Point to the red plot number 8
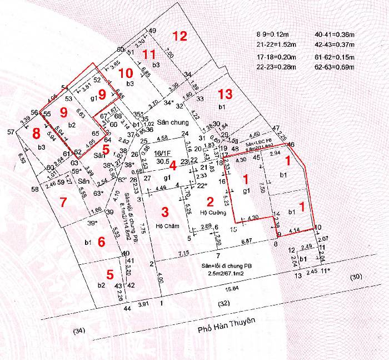coord(36,134)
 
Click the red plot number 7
coord(63,202)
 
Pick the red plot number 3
coord(164,211)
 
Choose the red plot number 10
coord(126,73)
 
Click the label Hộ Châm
coord(166,226)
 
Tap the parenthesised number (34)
coord(81,332)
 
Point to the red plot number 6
coord(101,241)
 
